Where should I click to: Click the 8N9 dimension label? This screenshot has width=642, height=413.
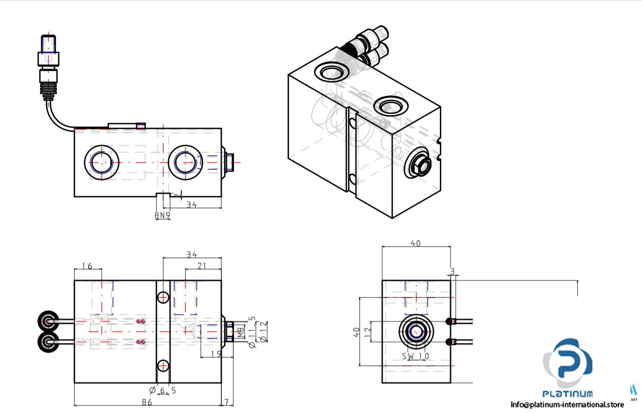tap(163, 215)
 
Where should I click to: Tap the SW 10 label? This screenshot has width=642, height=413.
tap(416, 356)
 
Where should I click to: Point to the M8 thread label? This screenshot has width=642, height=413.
tap(240, 332)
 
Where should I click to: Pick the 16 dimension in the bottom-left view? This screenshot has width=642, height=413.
tap(87, 266)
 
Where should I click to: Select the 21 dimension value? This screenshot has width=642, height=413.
tap(202, 266)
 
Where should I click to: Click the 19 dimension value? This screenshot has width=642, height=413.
tap(216, 354)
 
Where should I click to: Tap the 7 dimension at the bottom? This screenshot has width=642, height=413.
tap(227, 401)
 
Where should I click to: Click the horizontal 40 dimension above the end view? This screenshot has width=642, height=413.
tap(416, 243)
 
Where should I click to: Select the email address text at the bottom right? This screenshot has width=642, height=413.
tap(567, 404)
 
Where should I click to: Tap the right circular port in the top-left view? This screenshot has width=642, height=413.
tap(185, 162)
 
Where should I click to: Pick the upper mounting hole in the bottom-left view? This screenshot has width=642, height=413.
tap(163, 297)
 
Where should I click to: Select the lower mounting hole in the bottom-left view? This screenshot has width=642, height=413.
tap(163, 365)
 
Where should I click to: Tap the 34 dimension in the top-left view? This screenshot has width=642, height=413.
tap(191, 204)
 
